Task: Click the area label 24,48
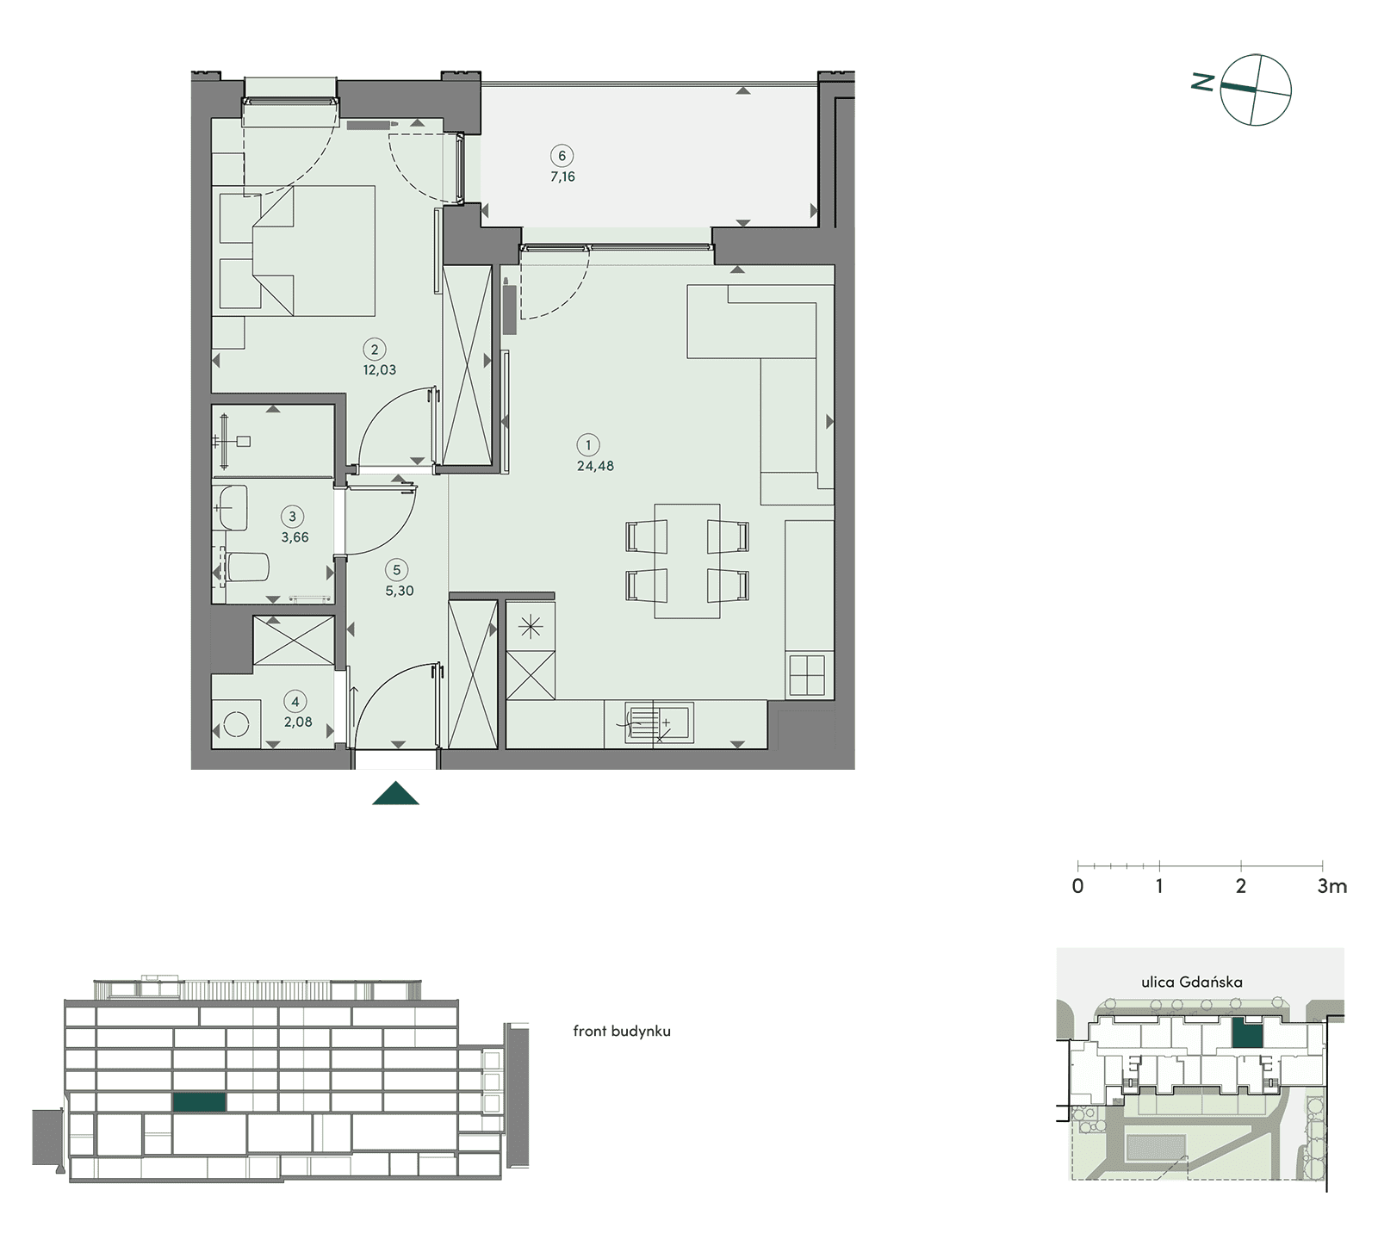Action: (x=595, y=466)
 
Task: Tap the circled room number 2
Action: (x=374, y=349)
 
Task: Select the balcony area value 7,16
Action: (x=562, y=177)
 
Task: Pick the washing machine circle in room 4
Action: (x=236, y=726)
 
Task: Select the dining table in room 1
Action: (x=687, y=561)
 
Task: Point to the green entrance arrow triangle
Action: (x=396, y=793)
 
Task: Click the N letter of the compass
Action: (x=1203, y=82)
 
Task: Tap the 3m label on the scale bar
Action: (x=1331, y=886)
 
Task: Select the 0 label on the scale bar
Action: (x=1077, y=886)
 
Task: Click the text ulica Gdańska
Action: (x=1191, y=982)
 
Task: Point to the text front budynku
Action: (x=622, y=1031)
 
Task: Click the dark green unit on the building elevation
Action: (x=199, y=1101)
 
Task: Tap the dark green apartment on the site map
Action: (x=1247, y=1032)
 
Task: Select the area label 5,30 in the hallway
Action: (x=400, y=592)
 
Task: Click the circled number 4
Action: (x=295, y=702)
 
